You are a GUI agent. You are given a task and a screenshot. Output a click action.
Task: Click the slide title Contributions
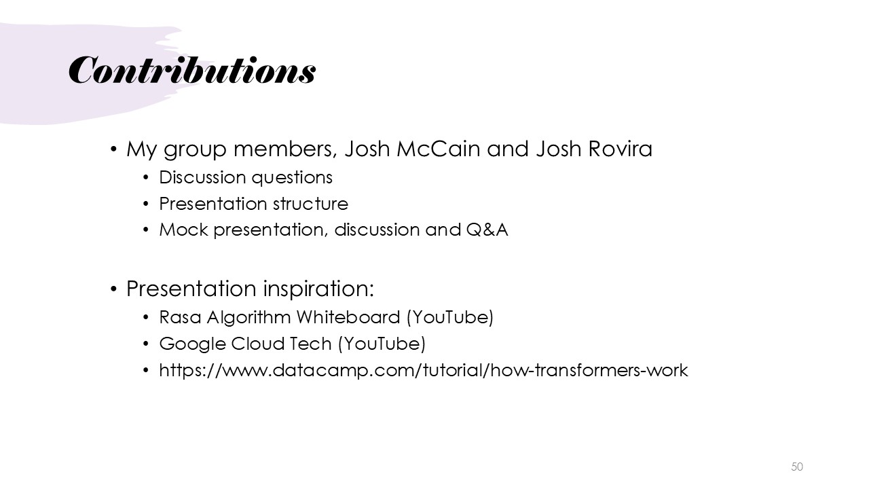pos(192,70)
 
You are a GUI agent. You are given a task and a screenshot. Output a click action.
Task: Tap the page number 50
pos(797,467)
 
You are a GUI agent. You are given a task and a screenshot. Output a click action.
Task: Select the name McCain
pos(439,149)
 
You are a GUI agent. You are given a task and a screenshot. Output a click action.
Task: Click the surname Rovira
pos(621,149)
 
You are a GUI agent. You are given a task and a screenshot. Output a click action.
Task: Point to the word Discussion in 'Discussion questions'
pos(202,177)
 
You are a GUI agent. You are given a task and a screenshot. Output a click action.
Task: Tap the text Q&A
pos(487,230)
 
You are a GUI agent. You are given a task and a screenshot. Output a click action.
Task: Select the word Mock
pos(183,230)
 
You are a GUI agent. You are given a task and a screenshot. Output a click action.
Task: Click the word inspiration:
pos(318,289)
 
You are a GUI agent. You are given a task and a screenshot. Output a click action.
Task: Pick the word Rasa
pos(180,317)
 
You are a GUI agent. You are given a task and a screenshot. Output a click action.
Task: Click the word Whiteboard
pos(348,317)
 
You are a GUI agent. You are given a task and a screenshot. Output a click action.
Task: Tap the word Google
pos(192,344)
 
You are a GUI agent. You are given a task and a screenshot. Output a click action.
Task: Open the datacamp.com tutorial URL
pos(424,370)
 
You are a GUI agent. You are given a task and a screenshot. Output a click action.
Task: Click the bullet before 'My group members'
pos(113,149)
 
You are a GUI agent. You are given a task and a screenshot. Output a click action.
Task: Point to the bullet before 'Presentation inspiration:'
pos(113,289)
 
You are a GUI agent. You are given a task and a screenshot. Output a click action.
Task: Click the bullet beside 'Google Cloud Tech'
pos(146,344)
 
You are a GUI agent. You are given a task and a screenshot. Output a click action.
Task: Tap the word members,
pos(286,149)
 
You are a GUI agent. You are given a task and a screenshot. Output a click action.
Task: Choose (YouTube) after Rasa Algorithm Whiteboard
pos(450,317)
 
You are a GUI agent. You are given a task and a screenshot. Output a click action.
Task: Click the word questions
pos(292,178)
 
